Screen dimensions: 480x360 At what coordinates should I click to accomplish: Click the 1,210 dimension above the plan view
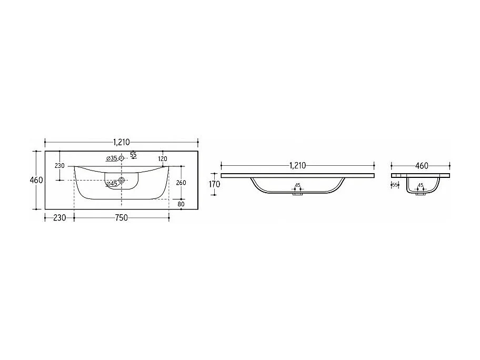pos(122,142)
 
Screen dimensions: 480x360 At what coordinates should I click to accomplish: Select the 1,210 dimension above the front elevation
pos(297,166)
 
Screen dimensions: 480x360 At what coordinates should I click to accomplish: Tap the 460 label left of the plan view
pos(36,181)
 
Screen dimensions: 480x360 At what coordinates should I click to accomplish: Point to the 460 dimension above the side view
pos(422,166)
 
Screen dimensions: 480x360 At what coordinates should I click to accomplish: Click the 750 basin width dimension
pos(121,218)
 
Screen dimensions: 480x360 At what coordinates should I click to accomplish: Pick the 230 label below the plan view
pos(59,218)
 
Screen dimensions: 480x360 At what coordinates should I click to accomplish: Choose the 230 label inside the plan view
pos(59,166)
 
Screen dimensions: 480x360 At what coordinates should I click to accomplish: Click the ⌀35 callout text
pos(112,158)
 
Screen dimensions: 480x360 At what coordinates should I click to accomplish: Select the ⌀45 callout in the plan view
pos(112,184)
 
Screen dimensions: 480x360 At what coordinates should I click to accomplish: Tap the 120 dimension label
pos(163,159)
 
